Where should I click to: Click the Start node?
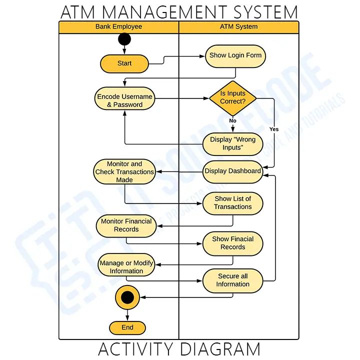[124, 63]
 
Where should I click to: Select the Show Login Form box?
[235, 55]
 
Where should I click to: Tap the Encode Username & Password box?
[124, 100]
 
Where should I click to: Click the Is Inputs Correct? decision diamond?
[232, 97]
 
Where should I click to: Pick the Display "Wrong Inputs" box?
[232, 143]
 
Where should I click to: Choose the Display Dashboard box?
[232, 171]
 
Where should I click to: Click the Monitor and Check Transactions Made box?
[124, 171]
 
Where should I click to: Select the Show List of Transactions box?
[232, 202]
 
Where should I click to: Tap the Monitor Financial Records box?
[126, 225]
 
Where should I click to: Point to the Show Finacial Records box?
[232, 243]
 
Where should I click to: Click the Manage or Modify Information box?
[126, 267]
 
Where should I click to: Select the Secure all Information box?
[232, 280]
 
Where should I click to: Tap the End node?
[127, 327]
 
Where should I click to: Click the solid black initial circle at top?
[124, 39]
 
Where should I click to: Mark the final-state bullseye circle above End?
[127, 298]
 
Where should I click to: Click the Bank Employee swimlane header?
[118, 26]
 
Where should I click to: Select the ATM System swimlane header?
[238, 26]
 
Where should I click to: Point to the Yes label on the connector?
[274, 129]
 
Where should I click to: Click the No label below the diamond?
[232, 120]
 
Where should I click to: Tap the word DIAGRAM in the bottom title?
[220, 349]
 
